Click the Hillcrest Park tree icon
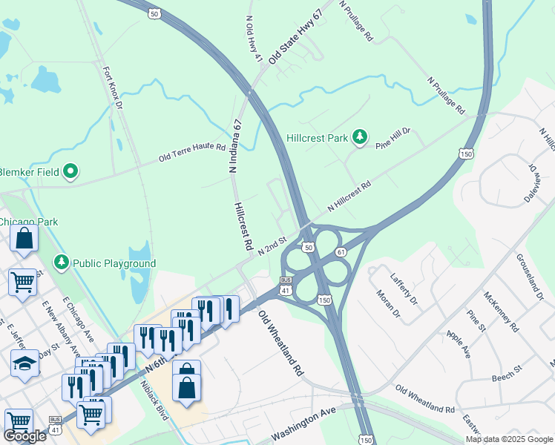[360, 137]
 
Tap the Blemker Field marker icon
[71, 172]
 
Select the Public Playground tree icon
[61, 263]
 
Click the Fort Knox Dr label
[113, 88]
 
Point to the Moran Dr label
[387, 305]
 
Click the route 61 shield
[341, 252]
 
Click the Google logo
[24, 436]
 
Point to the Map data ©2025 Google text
[508, 439]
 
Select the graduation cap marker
[24, 363]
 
